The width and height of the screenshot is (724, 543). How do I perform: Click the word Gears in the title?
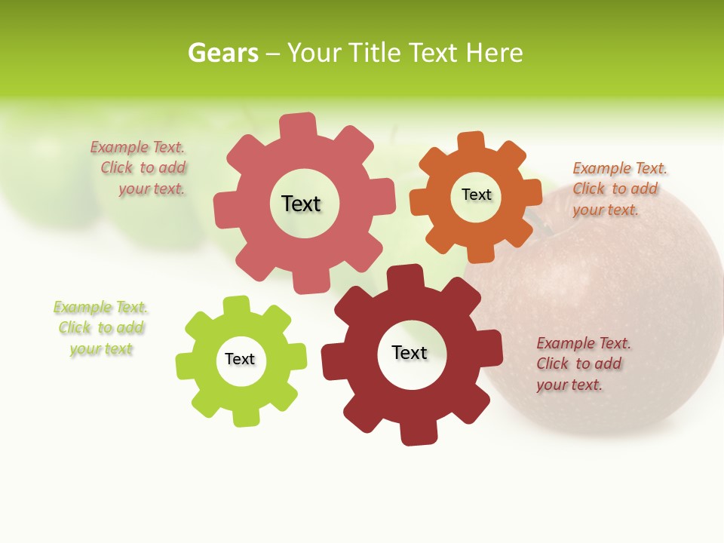point(222,53)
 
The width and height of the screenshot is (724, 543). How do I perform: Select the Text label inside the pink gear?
point(301,204)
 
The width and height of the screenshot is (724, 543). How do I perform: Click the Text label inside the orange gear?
point(476,195)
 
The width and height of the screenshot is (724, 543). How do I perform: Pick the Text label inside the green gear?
point(240,359)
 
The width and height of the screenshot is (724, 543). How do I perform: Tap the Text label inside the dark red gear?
point(409,352)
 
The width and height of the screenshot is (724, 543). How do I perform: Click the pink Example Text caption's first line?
point(137,148)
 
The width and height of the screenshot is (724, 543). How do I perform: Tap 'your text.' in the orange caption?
point(605,210)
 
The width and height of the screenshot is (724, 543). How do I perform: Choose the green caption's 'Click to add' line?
point(101,328)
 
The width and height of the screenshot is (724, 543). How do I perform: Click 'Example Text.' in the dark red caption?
point(584,343)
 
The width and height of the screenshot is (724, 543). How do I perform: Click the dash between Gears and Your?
point(273,54)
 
